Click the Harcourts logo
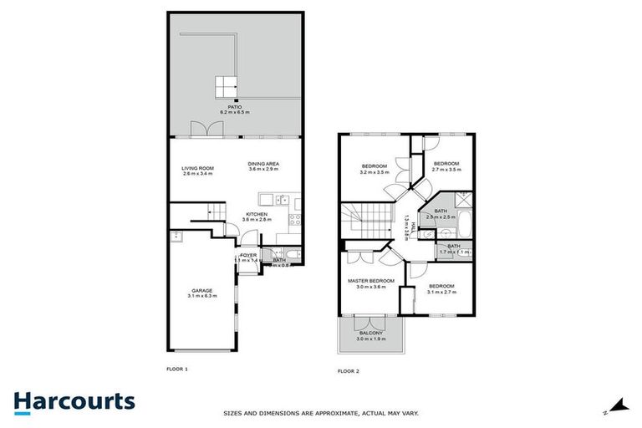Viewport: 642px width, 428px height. click(74, 401)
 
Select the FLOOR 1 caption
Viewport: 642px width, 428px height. click(178, 368)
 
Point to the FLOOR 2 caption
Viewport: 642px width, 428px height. click(348, 370)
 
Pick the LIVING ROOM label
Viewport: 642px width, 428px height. click(198, 169)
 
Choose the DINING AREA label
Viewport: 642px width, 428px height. click(263, 163)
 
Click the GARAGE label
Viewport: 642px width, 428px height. click(202, 291)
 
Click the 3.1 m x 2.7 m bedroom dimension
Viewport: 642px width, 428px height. click(441, 292)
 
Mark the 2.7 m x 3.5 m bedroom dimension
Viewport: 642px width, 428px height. click(446, 170)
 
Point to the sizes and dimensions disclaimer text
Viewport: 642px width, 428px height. click(321, 413)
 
